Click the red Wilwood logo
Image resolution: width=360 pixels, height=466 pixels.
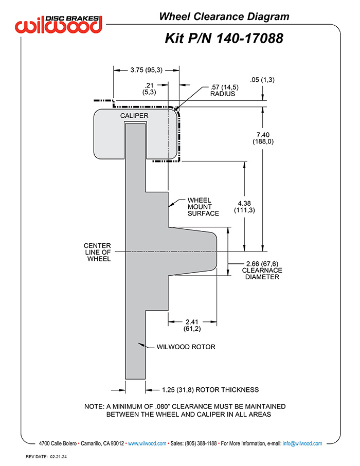[x=59, y=24]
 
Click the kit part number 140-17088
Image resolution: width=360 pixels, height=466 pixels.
[x=249, y=39]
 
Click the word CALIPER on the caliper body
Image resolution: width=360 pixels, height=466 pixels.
[x=134, y=116]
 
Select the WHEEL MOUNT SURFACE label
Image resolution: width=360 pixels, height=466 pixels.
[x=203, y=207]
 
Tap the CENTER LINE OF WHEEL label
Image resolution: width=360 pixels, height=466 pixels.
[x=97, y=253]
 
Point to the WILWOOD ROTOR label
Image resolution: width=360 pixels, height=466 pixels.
[x=186, y=347]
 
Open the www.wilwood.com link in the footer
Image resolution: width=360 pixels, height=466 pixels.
[x=147, y=443]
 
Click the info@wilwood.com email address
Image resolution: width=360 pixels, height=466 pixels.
[x=302, y=443]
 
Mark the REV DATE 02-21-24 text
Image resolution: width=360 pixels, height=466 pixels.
[x=46, y=457]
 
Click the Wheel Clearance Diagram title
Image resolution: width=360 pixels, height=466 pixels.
[x=224, y=16]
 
